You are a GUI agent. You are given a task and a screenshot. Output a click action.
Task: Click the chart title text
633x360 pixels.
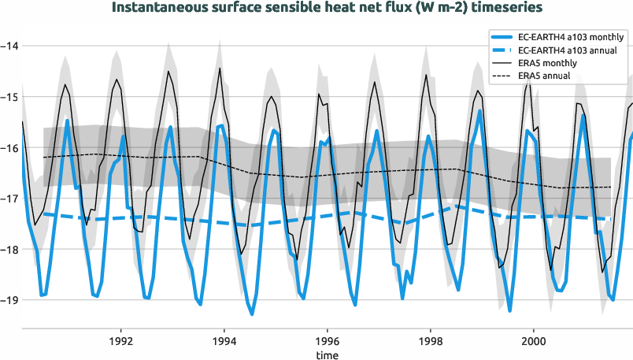coord(316,9)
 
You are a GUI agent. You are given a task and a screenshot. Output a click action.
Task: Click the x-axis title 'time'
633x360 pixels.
coord(327,355)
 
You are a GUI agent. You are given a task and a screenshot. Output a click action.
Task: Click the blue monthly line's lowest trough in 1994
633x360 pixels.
coord(252,314)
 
